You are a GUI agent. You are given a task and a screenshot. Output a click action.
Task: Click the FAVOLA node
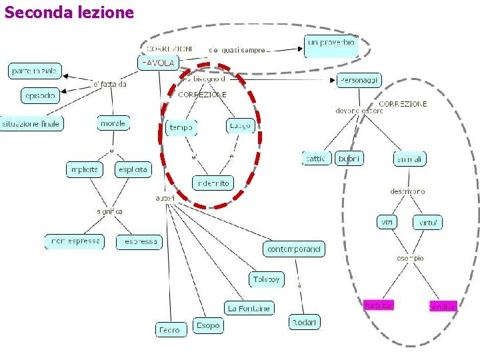tap(158, 63)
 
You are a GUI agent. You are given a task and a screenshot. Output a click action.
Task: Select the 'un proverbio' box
tap(331, 46)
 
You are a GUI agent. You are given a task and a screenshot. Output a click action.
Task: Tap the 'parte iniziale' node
tap(35, 71)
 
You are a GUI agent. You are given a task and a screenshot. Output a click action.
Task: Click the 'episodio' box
tap(40, 96)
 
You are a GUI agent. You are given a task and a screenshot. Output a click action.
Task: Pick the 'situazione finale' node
tap(31, 123)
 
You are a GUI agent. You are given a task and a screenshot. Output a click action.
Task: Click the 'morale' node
tap(113, 123)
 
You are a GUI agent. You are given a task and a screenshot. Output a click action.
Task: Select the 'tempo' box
tap(181, 127)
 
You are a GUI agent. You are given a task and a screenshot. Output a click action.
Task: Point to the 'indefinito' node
tap(213, 182)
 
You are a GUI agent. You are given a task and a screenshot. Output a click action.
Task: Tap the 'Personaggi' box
tap(359, 81)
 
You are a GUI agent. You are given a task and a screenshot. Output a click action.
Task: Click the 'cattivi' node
tap(316, 159)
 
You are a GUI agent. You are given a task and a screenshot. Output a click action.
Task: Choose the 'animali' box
tap(409, 159)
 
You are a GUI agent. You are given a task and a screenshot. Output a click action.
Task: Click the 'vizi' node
tap(387, 222)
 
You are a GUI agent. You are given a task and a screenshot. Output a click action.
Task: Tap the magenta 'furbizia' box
tap(379, 305)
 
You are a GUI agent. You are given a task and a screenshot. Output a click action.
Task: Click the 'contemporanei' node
tap(294, 249)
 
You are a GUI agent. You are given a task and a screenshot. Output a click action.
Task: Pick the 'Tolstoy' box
tap(267, 279)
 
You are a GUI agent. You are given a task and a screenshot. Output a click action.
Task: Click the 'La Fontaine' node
tap(249, 308)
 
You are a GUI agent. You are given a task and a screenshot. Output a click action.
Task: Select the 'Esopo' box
tap(207, 325)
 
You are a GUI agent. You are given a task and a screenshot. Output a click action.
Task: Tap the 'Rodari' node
tap(304, 323)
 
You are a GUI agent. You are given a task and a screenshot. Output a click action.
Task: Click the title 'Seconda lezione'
tap(69, 12)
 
